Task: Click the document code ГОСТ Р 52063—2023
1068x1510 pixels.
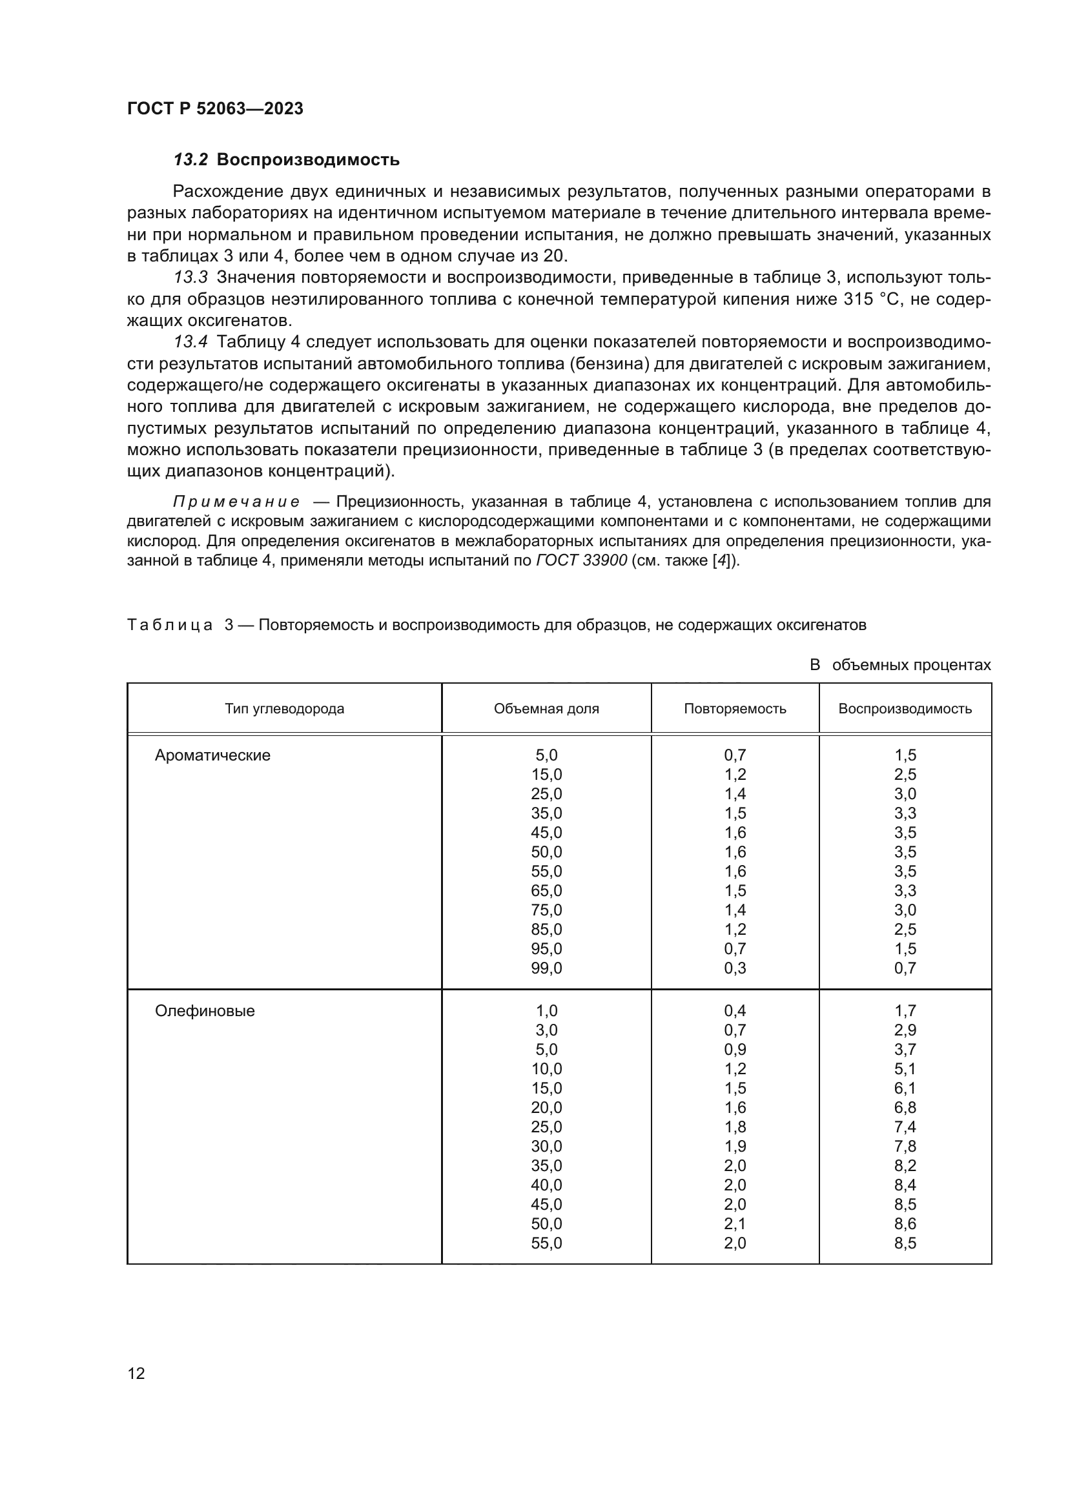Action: (215, 108)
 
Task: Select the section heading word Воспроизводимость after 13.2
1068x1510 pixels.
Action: (308, 160)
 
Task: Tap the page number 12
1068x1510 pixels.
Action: (136, 1373)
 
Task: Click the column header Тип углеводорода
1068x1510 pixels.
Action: (284, 709)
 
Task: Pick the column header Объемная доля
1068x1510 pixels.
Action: (546, 709)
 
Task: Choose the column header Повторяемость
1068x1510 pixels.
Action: (735, 709)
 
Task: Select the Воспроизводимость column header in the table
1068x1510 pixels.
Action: (905, 709)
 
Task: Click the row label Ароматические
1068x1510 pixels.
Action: (212, 755)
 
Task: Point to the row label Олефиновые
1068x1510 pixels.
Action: (205, 1011)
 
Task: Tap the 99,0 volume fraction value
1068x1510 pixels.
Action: (546, 968)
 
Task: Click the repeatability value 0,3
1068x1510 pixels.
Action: (735, 968)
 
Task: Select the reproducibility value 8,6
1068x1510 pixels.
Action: (905, 1224)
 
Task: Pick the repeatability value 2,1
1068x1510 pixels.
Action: (735, 1224)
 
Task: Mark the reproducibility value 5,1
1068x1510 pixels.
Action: (905, 1068)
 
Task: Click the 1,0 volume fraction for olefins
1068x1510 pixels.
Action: (546, 1011)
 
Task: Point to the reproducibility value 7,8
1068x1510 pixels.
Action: (905, 1147)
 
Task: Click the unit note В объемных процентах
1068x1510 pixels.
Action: (899, 665)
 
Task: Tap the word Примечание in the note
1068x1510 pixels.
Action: (236, 502)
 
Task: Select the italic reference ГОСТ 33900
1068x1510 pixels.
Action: (581, 562)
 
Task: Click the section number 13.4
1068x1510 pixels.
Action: (190, 342)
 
